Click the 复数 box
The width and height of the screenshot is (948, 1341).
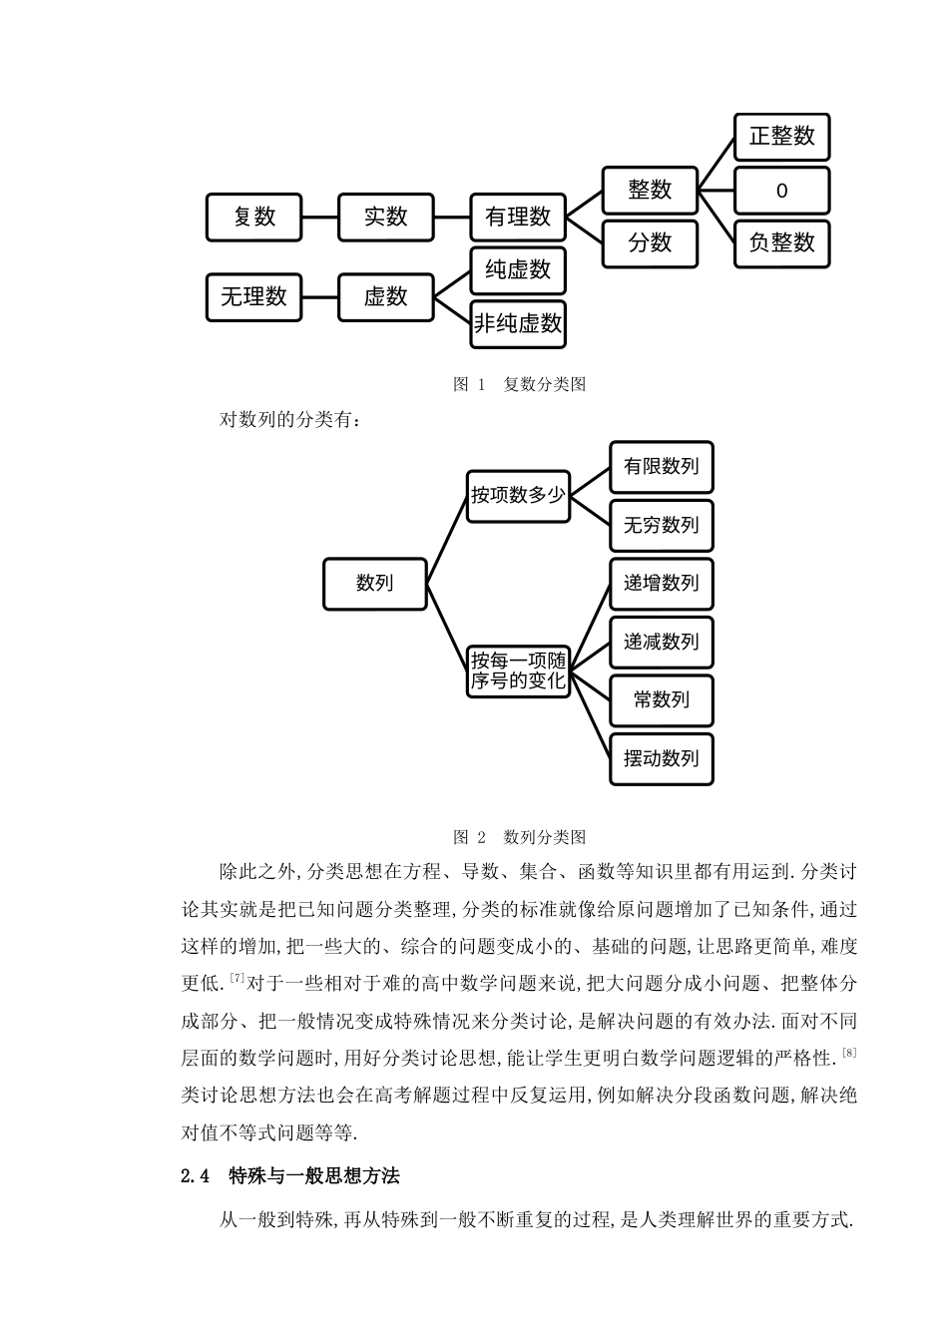[253, 218]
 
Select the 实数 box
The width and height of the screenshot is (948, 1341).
[386, 218]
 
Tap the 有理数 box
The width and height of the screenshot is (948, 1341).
[518, 218]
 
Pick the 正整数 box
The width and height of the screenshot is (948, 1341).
[782, 137]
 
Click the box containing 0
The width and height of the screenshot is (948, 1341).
[782, 191]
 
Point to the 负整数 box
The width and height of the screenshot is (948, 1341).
[782, 243]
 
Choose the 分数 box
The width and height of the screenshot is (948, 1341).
[650, 243]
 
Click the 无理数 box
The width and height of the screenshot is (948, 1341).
[253, 297]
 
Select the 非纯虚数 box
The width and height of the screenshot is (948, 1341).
[518, 324]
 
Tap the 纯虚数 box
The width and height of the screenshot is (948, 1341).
[518, 270]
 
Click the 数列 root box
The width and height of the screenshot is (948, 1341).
[375, 584]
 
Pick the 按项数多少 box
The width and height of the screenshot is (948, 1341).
[518, 496]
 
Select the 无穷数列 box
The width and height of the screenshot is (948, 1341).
[661, 525]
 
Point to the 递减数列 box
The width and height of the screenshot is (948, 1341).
[661, 642]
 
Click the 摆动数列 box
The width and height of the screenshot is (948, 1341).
[661, 758]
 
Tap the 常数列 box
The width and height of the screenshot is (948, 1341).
[661, 700]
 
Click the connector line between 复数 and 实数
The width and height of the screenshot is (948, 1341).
[320, 218]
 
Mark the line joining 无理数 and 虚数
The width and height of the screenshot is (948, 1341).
[320, 297]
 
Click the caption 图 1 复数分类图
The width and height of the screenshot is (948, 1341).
[519, 385]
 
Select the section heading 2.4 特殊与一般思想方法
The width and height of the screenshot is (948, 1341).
[290, 1176]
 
